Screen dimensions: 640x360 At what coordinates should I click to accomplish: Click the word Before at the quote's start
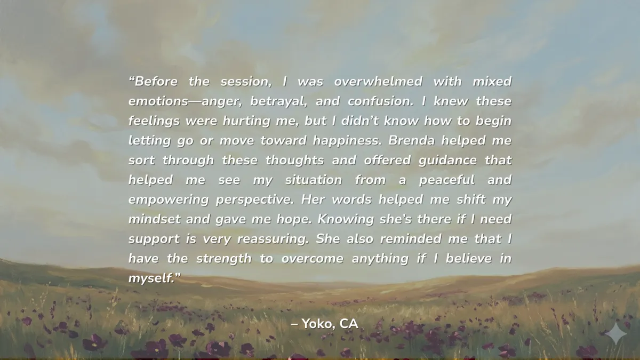coord(156,82)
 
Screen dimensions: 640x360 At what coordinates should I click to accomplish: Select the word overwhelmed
coord(378,82)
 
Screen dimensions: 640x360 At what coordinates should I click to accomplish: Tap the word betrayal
coord(279,102)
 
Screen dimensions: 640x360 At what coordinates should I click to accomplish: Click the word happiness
coord(347,141)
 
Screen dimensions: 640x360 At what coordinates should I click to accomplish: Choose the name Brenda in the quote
coord(411,141)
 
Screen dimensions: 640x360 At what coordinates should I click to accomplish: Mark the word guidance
coord(447,161)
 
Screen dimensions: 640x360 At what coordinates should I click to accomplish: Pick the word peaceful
coord(447,180)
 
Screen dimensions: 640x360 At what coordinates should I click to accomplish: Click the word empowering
coord(169,200)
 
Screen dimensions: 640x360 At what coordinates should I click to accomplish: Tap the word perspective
coord(255,200)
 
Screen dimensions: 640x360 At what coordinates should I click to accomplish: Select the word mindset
coord(155,219)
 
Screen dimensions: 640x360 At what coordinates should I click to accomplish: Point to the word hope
coord(294,220)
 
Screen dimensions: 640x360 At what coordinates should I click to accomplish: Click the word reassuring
coord(273,239)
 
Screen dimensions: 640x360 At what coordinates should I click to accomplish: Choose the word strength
coord(224,259)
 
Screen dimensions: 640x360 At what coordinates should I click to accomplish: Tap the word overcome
coord(313,259)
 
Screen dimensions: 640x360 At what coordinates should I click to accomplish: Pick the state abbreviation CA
coord(349,324)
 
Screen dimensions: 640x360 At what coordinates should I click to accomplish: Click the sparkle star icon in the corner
coord(617,333)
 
